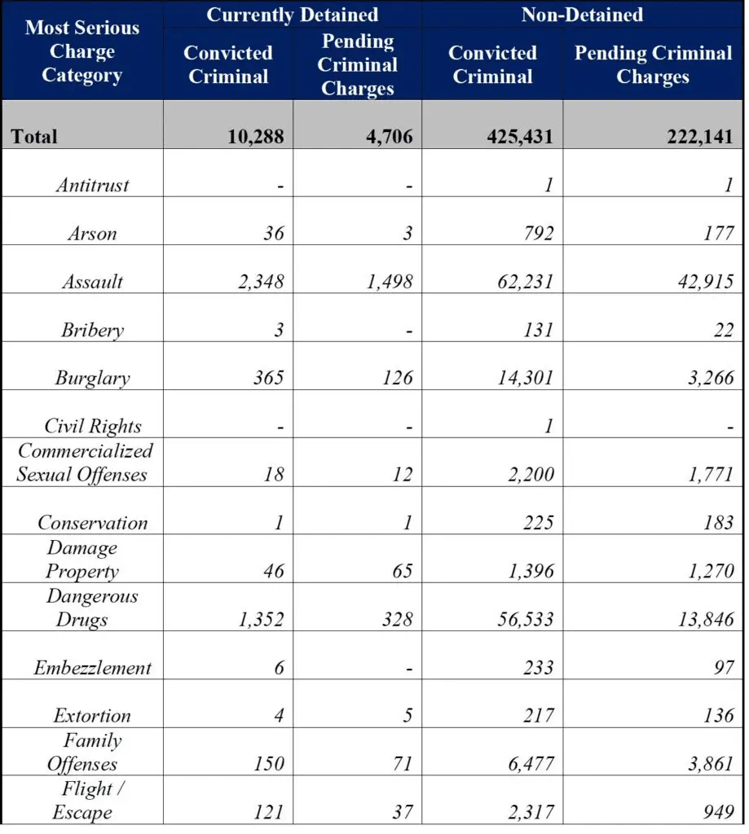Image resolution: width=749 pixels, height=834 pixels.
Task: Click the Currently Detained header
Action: tap(292, 15)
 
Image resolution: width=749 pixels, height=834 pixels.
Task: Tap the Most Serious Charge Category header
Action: tap(82, 50)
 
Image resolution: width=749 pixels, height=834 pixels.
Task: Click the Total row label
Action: tap(34, 136)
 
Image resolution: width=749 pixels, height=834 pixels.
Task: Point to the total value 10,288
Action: tap(256, 136)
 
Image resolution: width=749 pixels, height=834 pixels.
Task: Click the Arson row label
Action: tap(92, 234)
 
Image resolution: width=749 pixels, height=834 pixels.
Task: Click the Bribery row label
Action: tap(92, 331)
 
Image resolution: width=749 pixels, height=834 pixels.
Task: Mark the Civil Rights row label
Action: tap(92, 427)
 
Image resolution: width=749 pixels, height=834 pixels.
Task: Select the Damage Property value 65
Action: tap(401, 571)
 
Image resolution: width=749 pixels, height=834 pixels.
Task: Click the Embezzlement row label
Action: tap(92, 668)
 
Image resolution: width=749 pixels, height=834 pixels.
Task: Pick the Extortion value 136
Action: tap(718, 716)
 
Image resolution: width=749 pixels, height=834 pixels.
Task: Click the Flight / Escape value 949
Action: tap(718, 812)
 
